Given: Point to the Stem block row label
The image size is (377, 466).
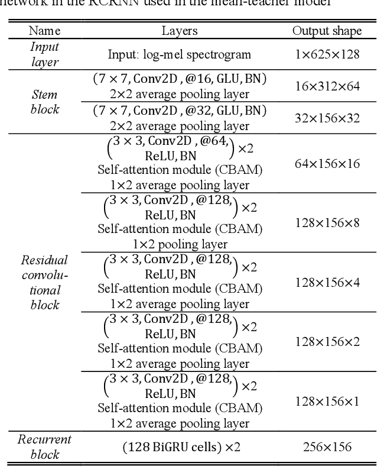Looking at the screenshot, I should tap(45, 101).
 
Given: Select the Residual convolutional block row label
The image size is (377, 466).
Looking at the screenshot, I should tap(45, 282).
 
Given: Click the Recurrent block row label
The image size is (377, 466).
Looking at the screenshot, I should tap(45, 446).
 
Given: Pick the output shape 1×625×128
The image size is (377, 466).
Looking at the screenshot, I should tap(327, 54).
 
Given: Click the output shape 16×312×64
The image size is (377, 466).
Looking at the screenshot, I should tap(327, 86).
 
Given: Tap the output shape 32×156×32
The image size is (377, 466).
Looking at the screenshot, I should tap(327, 118).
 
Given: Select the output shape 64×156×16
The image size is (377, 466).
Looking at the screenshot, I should tap(327, 163).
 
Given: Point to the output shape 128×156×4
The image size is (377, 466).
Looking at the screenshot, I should tap(327, 282).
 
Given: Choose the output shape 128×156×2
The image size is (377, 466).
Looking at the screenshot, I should tap(327, 341).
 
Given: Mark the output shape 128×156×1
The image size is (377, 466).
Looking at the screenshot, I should tap(327, 402).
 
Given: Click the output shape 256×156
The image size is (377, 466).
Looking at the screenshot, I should tap(327, 446).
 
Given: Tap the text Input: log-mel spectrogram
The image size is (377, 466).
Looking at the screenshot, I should tap(180, 54).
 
